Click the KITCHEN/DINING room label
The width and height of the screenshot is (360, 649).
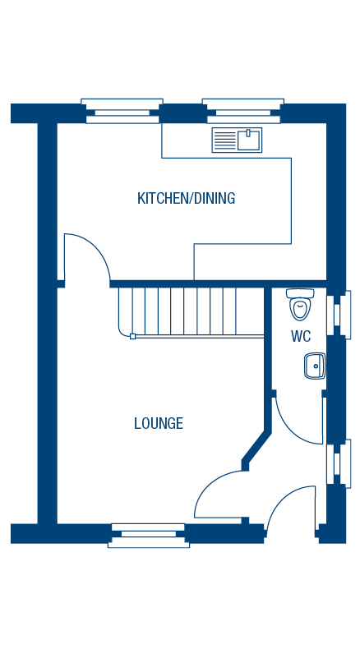186,198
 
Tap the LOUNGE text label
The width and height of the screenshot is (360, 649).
159,423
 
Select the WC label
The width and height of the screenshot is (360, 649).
301,337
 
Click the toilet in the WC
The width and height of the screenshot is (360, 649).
300,304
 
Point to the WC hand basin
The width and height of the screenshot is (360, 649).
315,366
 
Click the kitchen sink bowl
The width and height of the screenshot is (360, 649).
249,140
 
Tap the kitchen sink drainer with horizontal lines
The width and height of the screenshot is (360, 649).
224,140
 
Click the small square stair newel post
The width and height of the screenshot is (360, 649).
132,336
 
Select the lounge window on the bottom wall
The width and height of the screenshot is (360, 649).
148,536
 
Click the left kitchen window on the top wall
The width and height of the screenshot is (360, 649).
122,111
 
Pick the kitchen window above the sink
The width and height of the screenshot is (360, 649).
243,111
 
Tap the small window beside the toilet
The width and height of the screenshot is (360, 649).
339,315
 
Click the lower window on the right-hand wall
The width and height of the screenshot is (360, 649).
339,463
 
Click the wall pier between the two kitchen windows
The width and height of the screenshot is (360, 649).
182,113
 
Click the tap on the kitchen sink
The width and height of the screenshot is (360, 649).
247,132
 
